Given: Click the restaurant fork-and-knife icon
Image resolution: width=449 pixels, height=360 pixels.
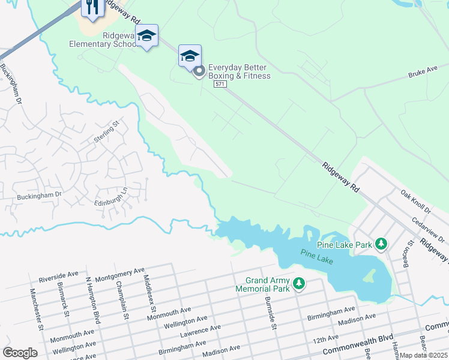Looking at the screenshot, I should click(92, 7).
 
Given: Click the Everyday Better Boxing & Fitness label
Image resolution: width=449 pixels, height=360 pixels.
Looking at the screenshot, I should click(239, 71).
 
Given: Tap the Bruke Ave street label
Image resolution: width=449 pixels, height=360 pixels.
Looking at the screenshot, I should click(423, 71).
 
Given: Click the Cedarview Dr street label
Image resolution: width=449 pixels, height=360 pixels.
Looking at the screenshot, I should click(427, 230).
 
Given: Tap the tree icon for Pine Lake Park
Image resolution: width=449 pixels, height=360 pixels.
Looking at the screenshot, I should click(380, 244).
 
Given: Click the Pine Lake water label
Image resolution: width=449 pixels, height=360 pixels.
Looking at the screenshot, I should click(317, 257).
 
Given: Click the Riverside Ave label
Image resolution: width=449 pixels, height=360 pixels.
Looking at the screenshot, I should click(58, 277).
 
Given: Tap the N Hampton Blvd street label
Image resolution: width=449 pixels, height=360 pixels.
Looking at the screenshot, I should click(91, 300).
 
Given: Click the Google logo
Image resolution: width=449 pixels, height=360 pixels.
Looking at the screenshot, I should click(20, 352).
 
